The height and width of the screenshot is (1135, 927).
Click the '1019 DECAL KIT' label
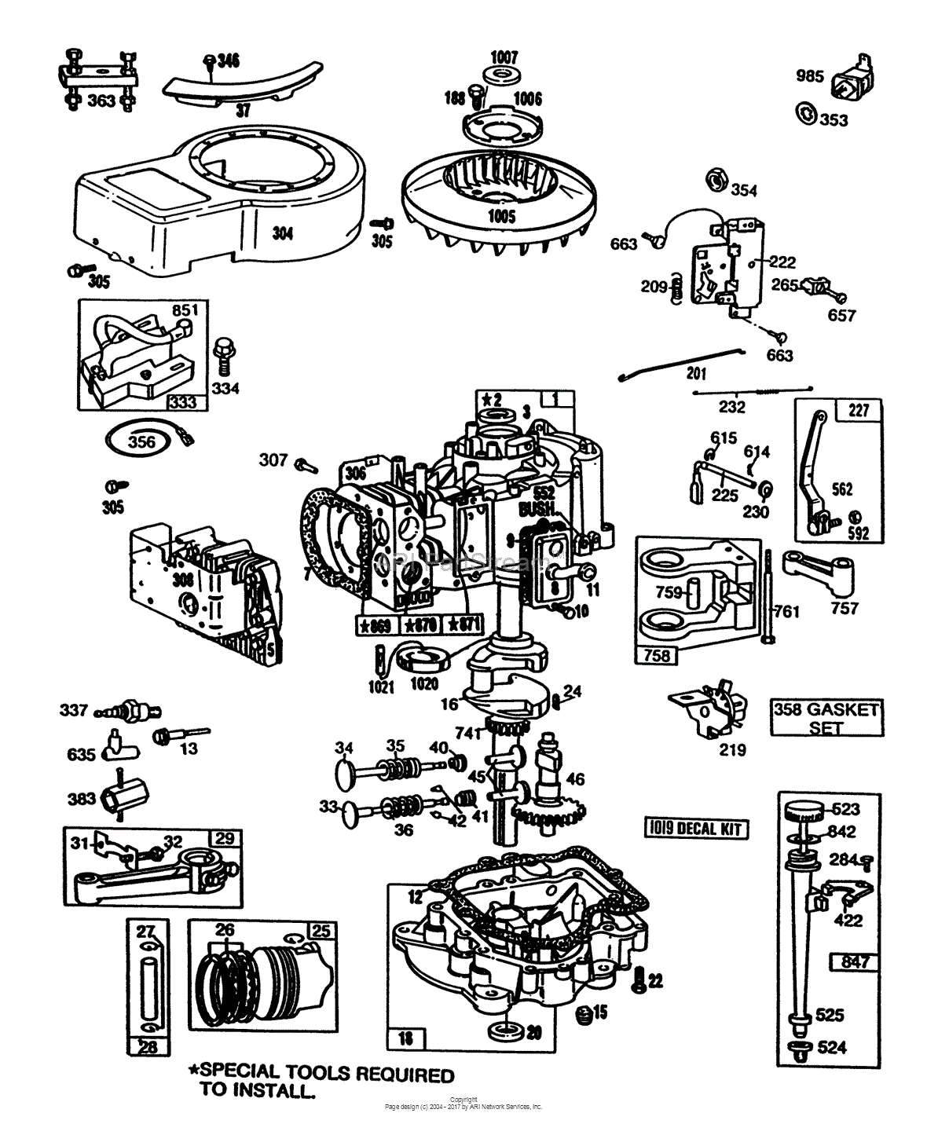[x=691, y=828]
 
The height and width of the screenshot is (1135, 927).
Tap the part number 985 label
[x=809, y=76]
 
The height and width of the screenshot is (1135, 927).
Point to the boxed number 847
[x=855, y=962]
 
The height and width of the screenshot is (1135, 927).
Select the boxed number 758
[x=655, y=654]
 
